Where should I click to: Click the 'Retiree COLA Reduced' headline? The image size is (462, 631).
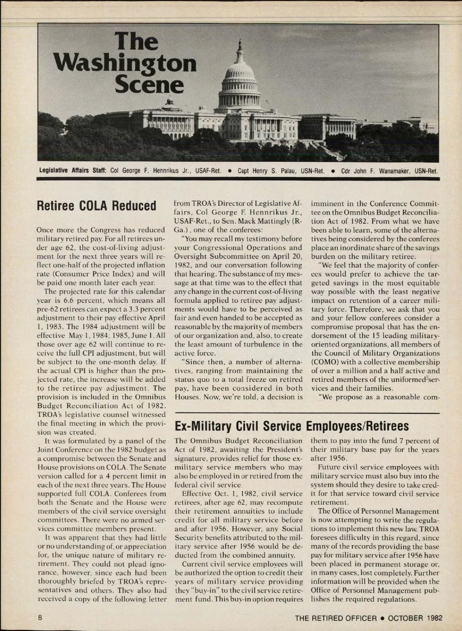pyautogui.click(x=96, y=206)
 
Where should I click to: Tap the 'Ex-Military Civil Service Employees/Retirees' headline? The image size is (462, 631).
pyautogui.click(x=291, y=426)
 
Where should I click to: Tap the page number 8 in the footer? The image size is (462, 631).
pyautogui.click(x=40, y=618)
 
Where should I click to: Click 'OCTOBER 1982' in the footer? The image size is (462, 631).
pyautogui.click(x=415, y=618)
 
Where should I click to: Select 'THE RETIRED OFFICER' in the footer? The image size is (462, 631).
pyautogui.click(x=336, y=618)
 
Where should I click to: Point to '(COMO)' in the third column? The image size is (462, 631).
pyautogui.click(x=325, y=362)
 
